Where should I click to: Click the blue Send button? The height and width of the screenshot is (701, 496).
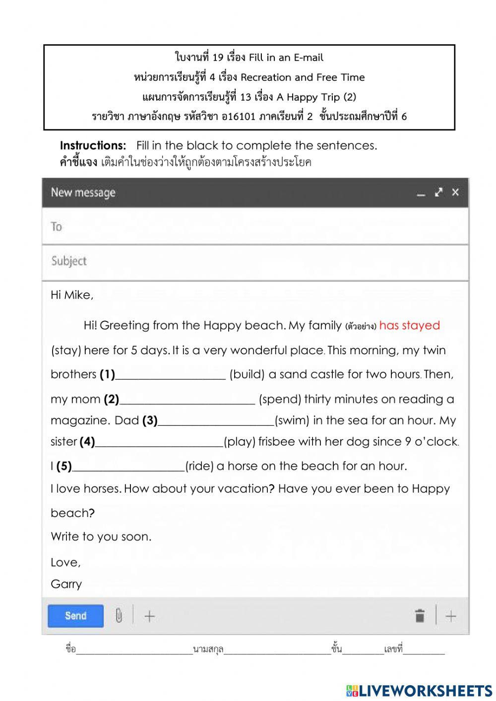[x=75, y=616]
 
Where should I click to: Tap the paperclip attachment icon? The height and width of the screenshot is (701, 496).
[x=119, y=616]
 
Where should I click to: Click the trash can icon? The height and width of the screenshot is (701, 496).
[x=420, y=616]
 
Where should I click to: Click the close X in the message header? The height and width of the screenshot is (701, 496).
[x=455, y=192]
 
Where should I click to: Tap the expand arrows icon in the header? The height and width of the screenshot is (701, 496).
[x=438, y=192]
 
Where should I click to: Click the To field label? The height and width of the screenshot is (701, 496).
[x=56, y=227]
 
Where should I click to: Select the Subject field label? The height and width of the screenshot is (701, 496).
[x=68, y=261]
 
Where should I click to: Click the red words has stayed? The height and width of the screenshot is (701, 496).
[x=409, y=325]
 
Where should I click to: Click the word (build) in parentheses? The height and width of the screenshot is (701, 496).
[x=247, y=375]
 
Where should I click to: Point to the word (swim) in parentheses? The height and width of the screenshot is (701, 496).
[x=292, y=421]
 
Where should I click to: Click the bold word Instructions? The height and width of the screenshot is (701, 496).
[x=93, y=145]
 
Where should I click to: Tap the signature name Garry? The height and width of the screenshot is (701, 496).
[x=66, y=584]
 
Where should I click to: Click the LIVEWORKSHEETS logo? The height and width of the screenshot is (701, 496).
[x=419, y=691]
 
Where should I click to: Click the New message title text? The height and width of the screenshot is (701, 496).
[x=83, y=192]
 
